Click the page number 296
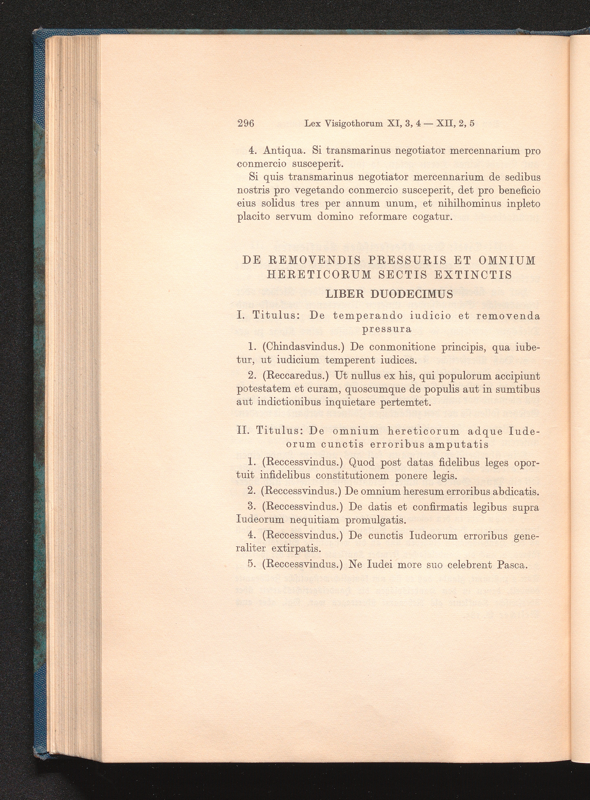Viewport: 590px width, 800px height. [245, 123]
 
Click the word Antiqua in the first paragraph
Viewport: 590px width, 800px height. [284, 151]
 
